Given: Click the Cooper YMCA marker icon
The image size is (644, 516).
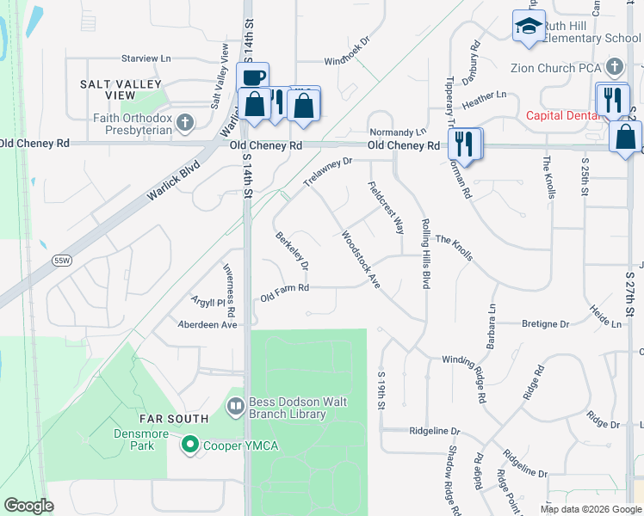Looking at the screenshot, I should coord(190,445).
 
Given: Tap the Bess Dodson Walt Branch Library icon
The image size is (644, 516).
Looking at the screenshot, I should coord(235,405).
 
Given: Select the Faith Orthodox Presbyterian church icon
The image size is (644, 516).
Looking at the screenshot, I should coord(183,123).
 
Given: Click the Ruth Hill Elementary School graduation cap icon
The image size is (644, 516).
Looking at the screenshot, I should coord(529,27).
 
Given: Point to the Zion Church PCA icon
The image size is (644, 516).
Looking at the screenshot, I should coord(615,66).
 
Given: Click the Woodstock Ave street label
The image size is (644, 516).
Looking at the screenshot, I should coord(361,258).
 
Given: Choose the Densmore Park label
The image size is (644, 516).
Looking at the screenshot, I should coord(134,439).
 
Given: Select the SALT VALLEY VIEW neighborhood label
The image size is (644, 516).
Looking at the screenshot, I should coord(121,91).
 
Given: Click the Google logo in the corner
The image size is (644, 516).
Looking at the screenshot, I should coord(29,506).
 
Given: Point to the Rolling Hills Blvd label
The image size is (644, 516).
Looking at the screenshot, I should coord(424,253).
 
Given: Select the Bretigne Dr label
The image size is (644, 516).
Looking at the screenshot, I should coord(546,324).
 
